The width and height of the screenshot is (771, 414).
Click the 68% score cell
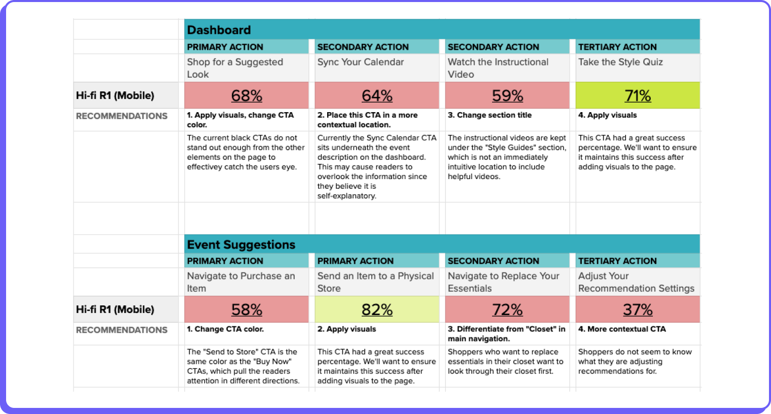point(247,95)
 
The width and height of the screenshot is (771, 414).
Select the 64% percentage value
point(377,95)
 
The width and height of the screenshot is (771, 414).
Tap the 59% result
point(507,95)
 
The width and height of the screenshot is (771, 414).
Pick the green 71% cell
point(638,95)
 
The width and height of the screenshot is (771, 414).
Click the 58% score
point(247,309)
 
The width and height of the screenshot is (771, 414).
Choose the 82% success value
point(377,309)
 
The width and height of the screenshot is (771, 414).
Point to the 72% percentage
point(507,309)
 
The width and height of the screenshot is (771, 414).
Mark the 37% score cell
point(638,309)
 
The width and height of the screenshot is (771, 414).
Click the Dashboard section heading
point(219,30)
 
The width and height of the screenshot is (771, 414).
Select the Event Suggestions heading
point(241,245)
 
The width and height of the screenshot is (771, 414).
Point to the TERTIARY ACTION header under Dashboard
point(617,47)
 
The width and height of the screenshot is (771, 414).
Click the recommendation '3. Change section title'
point(489,115)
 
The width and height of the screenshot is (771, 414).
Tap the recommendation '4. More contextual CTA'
point(622,329)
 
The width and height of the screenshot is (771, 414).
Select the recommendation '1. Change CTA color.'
point(225,329)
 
